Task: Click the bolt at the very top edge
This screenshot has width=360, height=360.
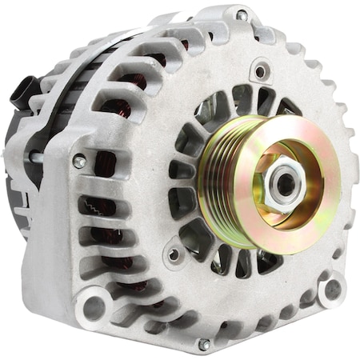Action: click(241, 14)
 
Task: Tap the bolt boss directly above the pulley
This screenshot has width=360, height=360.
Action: click(259, 71)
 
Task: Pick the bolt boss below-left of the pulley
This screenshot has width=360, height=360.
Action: click(174, 254)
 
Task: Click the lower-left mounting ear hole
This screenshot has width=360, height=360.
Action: click(93, 306)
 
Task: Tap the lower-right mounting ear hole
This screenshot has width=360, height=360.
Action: click(331, 290)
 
